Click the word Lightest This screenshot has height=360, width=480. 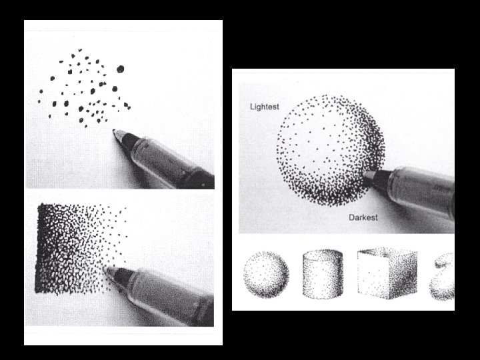click(x=265, y=107)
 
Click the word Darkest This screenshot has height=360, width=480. click(x=363, y=217)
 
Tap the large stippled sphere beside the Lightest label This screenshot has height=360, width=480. click(x=331, y=150)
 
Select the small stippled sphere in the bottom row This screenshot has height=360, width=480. click(x=266, y=274)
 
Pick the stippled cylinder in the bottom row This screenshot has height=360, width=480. click(x=323, y=274)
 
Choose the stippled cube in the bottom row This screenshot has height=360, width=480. click(x=387, y=273)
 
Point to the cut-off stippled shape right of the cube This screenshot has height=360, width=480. click(x=442, y=277)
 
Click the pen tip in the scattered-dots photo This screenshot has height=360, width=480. click(x=115, y=131)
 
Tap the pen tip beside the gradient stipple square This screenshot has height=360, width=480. click(x=106, y=269)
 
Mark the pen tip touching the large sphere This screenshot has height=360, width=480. click(x=366, y=174)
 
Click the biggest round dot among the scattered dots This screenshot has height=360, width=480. click(x=120, y=69)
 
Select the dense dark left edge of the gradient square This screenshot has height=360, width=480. click(x=41, y=248)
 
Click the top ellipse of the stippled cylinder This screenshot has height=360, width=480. click(x=323, y=255)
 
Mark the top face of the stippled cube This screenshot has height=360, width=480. click(x=388, y=252)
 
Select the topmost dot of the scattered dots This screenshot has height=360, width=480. click(x=80, y=50)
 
